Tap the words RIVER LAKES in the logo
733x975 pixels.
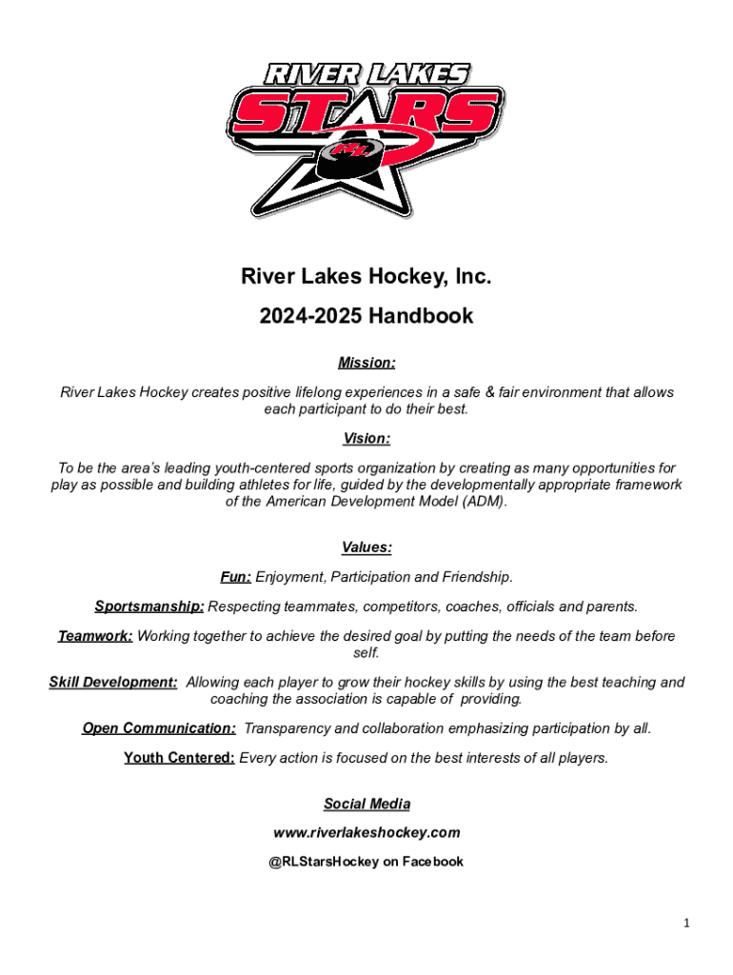(366, 74)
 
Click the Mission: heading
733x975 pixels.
(366, 363)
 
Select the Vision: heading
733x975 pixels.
(366, 439)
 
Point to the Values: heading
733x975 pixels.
(366, 547)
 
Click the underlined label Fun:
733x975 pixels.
(236, 577)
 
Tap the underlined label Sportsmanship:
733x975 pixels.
(149, 607)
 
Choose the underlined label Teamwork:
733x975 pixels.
(95, 636)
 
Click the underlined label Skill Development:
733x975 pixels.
(113, 682)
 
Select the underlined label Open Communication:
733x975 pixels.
(159, 728)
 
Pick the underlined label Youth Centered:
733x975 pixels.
(179, 758)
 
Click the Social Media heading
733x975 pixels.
(366, 805)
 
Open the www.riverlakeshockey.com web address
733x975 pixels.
(366, 833)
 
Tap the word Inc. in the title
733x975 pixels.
(472, 277)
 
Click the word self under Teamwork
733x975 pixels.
(366, 652)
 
